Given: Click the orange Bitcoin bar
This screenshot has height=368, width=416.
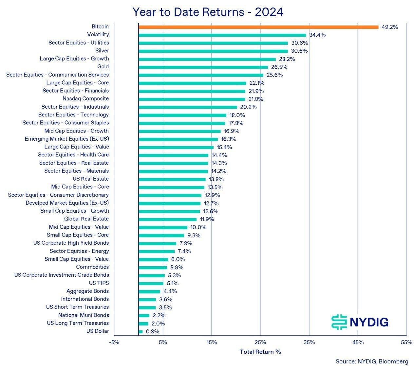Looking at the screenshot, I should [x=258, y=27].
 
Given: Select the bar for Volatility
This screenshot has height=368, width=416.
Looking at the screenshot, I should [x=222, y=35].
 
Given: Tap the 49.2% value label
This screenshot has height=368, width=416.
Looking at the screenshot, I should [x=389, y=27].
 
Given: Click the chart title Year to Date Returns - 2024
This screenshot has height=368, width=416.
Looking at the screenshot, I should [x=208, y=12].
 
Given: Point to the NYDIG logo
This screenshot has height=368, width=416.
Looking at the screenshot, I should [x=360, y=322].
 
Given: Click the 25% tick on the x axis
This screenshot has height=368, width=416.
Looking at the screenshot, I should [x=260, y=342].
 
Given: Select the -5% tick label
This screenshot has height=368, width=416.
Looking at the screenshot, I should [x=114, y=342].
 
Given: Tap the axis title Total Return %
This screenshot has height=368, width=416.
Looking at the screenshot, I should [x=260, y=352].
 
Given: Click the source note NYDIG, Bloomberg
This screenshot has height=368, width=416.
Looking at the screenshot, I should [x=372, y=361].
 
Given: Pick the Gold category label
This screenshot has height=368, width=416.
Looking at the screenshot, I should [x=103, y=67].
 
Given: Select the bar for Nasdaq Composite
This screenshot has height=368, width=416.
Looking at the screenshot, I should [x=192, y=99].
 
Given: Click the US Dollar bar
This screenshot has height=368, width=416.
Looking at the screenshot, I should [x=141, y=332].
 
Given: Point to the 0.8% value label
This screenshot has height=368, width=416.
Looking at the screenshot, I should [x=152, y=332].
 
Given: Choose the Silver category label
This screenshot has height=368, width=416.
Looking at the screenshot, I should [x=102, y=51].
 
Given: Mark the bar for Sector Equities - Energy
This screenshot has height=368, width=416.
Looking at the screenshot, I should [x=157, y=252].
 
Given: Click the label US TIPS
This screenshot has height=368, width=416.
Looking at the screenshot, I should [x=99, y=283].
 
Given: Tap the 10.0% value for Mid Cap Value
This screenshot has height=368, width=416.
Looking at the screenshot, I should [x=198, y=227].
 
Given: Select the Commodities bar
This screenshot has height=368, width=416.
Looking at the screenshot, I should [x=153, y=268].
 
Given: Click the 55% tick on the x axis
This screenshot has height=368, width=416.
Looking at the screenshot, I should [x=406, y=342].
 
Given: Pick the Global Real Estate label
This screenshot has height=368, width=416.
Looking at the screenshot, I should [x=86, y=219].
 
